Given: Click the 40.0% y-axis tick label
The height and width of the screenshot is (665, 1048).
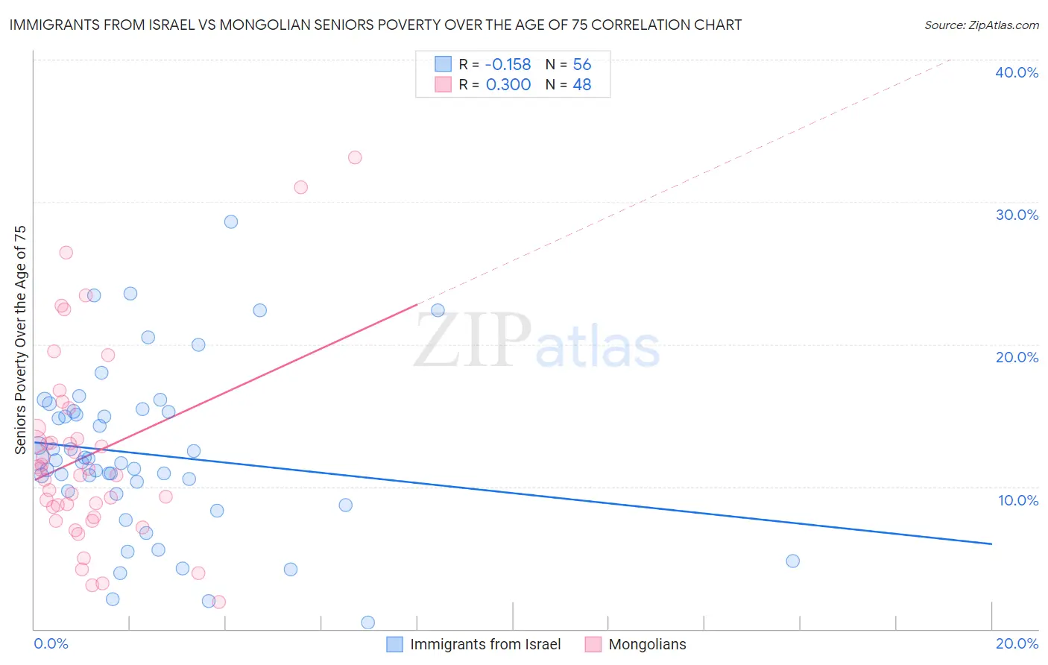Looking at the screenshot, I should [x=1016, y=72].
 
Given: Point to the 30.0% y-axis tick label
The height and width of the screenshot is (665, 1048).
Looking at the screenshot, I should [x=1016, y=215].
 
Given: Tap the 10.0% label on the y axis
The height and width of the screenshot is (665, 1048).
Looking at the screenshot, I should [x=1017, y=500].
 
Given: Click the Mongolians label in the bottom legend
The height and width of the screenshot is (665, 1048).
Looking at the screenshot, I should [x=647, y=644].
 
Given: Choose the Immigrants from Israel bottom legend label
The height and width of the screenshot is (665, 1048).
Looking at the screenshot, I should [x=485, y=644].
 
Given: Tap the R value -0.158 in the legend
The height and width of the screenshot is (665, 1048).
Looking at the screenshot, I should [x=508, y=64].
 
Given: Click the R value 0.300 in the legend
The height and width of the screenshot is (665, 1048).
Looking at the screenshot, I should [x=508, y=85].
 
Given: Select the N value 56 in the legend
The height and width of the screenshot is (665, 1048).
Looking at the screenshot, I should [x=581, y=64].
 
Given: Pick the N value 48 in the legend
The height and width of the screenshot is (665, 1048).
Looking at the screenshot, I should [x=581, y=85].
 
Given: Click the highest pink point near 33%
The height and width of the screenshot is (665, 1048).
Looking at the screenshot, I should [x=355, y=157].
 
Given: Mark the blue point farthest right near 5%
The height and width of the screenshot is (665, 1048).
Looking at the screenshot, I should [x=792, y=561].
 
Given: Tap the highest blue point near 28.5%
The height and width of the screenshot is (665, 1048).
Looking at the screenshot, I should [x=231, y=221].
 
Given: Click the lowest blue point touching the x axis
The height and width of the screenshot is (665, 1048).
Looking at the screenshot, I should [x=367, y=623].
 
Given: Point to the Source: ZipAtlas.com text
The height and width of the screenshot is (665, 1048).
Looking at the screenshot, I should [x=981, y=25].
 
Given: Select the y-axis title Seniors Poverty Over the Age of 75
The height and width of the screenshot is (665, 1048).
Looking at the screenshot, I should [x=21, y=339].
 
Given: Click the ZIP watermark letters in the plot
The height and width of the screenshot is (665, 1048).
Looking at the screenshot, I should [x=473, y=341].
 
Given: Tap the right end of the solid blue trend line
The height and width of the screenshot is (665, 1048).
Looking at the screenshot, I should [x=991, y=544].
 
